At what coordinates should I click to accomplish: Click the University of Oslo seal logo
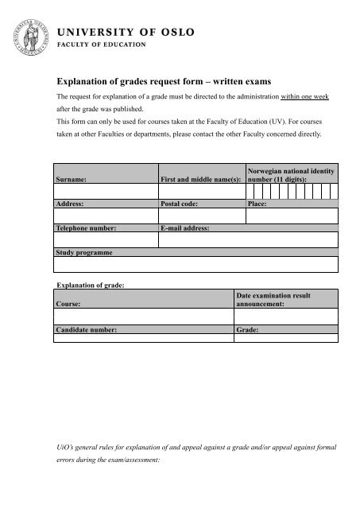pyautogui.click(x=28, y=33)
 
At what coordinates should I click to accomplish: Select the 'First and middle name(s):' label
pyautogui.click(x=200, y=180)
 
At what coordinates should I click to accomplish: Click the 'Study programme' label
pyautogui.click(x=83, y=252)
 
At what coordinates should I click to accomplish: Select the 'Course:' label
pyautogui.click(x=68, y=303)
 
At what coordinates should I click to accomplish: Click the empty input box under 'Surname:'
pyautogui.click(x=105, y=190)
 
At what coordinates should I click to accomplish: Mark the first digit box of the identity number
pyautogui.click(x=251, y=190)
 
